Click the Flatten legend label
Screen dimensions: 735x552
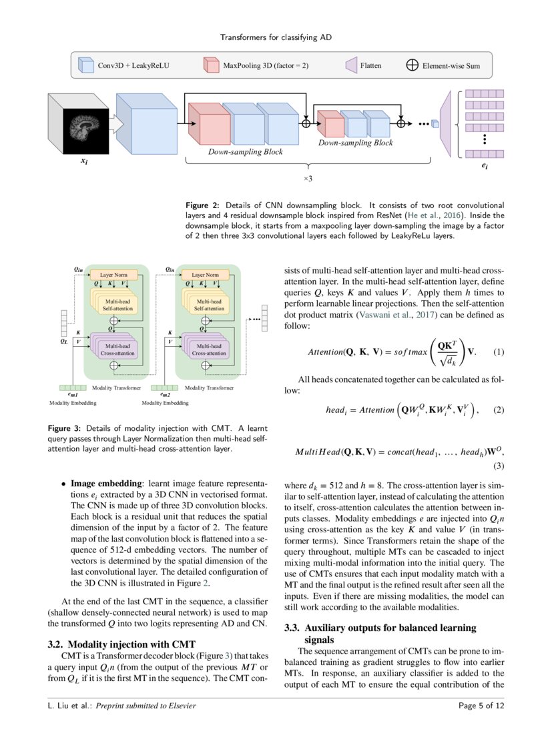click(x=370, y=66)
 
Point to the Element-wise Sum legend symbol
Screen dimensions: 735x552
click(x=412, y=66)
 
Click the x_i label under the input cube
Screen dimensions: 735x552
click(x=84, y=161)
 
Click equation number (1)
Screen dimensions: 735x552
click(x=497, y=351)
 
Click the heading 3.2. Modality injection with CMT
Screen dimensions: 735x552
click(x=121, y=644)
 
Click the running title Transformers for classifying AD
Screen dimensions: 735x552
click(x=275, y=37)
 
